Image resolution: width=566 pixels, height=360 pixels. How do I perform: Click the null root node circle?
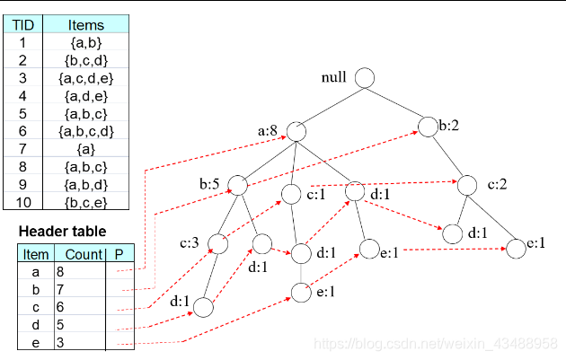pos(364,78)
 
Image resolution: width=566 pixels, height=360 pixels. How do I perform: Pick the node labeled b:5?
pos(238,185)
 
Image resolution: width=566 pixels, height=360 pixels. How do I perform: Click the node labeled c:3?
pos(217,243)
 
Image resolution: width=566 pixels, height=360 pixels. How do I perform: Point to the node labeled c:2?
pos(467,186)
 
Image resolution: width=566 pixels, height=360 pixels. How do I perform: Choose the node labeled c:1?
pos(292,193)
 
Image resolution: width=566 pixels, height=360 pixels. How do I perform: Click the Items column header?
pos(86,25)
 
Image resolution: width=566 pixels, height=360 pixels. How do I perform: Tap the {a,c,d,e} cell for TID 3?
pos(86,78)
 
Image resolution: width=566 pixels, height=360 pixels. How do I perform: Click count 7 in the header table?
pos(59,289)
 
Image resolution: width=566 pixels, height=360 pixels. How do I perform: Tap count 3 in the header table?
pos(59,341)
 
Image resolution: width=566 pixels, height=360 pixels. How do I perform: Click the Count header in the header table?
pos(84,254)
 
